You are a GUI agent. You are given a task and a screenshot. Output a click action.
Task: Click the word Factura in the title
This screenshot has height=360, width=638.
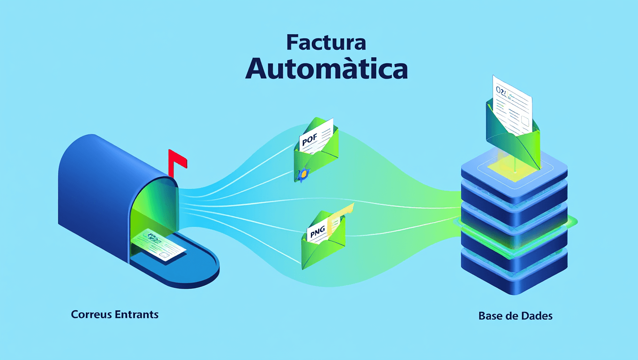pos(326,43)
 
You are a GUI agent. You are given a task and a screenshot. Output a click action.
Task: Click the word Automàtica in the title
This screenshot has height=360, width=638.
pos(327,69)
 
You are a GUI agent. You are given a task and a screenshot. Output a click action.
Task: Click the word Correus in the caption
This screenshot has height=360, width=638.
pos(91,314)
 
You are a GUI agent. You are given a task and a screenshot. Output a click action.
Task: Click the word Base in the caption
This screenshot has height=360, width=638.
pos(490,316)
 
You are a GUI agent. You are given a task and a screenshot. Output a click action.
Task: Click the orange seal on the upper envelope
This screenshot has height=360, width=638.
pos(303,174)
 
